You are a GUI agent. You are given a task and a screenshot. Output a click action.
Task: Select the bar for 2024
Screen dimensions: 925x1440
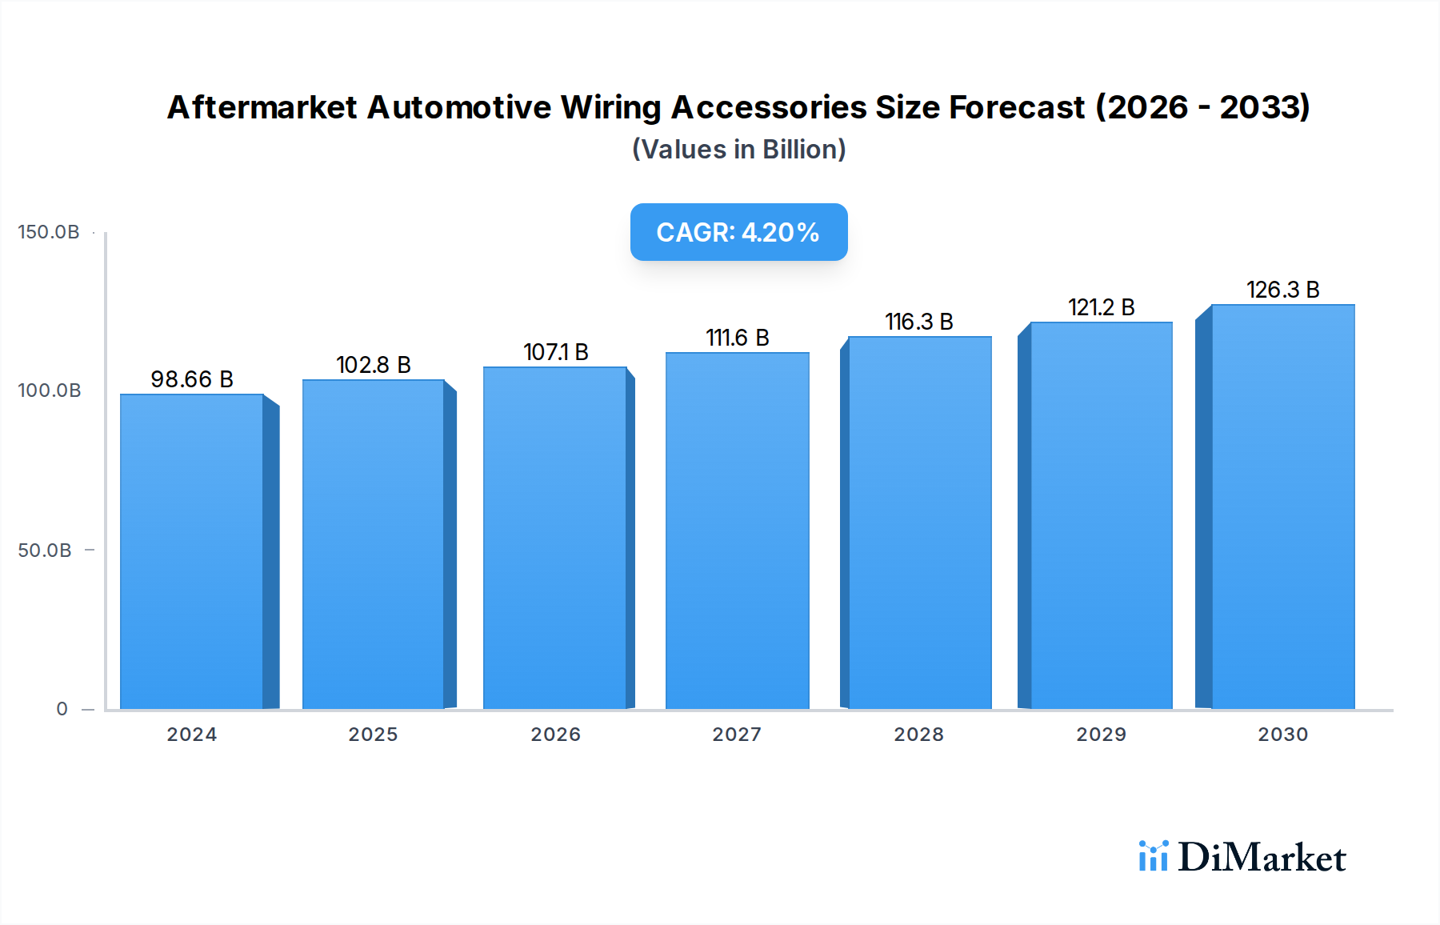point(192,551)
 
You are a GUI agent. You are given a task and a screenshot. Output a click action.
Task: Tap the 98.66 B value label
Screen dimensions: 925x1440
point(192,379)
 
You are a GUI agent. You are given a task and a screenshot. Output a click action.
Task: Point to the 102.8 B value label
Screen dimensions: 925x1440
point(374,365)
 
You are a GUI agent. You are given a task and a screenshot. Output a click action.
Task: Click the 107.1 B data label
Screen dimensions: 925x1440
point(556,352)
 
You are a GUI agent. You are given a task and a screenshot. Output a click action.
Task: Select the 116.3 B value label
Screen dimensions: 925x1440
point(919,322)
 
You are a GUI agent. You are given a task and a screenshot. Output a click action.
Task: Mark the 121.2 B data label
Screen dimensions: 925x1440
point(1102,307)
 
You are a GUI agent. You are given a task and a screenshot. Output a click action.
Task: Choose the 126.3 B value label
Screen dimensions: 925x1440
point(1282,290)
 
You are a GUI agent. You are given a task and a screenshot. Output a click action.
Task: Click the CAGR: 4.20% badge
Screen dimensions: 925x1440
point(738,232)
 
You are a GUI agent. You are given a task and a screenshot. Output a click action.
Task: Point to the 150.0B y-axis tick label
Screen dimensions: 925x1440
point(49,232)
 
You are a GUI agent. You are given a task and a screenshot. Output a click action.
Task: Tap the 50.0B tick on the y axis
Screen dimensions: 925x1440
point(45,551)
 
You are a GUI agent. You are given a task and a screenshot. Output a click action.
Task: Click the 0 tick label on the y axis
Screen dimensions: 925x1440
point(62,709)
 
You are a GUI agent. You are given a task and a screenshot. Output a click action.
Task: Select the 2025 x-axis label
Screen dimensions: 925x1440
point(373,735)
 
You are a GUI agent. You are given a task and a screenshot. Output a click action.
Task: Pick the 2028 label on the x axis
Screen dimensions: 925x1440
point(918,735)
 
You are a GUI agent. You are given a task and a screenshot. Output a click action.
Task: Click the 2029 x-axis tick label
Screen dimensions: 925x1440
point(1101,735)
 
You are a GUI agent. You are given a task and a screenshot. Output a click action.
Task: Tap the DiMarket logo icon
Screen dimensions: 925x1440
point(1153,856)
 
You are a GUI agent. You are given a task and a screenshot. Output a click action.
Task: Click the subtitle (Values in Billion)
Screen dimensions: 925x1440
point(738,150)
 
